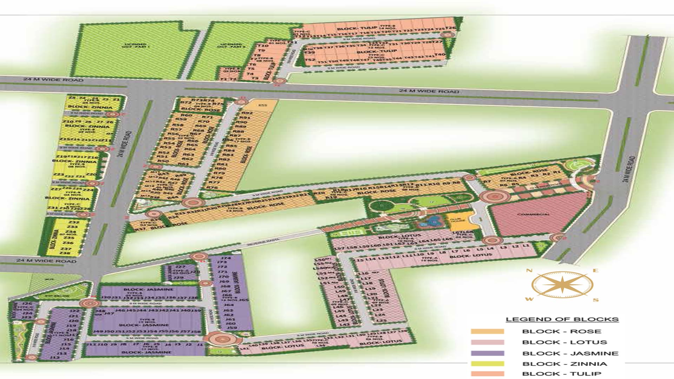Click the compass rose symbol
click(x=562, y=285)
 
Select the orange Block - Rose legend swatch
click(x=487, y=331)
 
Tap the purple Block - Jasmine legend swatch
click(x=487, y=353)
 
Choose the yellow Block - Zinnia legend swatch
click(x=487, y=364)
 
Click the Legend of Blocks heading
click(x=562, y=319)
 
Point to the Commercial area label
click(x=533, y=214)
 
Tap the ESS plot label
click(x=262, y=105)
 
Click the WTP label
click(x=49, y=279)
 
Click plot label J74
click(x=226, y=258)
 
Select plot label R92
click(x=247, y=113)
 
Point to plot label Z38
click(x=65, y=253)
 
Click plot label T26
click(x=451, y=28)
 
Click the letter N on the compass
click(x=529, y=271)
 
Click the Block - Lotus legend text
click(x=564, y=342)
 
